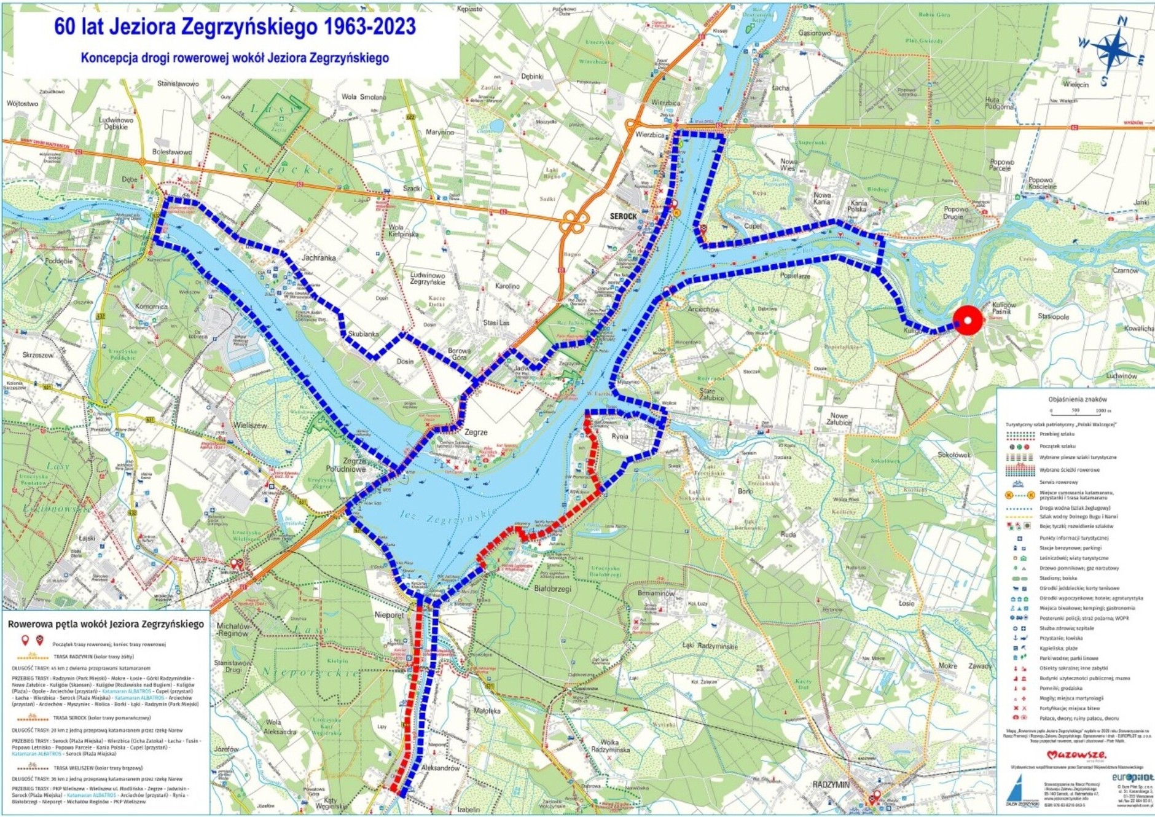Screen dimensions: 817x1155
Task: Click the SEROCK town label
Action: pyautogui.click(x=624, y=216)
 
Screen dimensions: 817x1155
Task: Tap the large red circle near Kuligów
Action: pyautogui.click(x=968, y=320)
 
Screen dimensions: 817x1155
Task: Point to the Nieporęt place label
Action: pyautogui.click(x=390, y=614)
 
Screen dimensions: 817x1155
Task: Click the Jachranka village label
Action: pyautogui.click(x=318, y=258)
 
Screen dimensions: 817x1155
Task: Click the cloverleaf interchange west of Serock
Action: pyautogui.click(x=574, y=222)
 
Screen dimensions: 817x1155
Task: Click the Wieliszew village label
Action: pyautogui.click(x=250, y=425)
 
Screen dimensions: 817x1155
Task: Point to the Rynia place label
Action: pyautogui.click(x=620, y=436)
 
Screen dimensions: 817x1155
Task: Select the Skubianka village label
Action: pyautogui.click(x=363, y=334)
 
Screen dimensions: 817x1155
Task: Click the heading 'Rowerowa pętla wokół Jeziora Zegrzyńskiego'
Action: pyautogui.click(x=106, y=623)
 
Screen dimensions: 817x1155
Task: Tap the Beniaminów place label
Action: pyautogui.click(x=656, y=593)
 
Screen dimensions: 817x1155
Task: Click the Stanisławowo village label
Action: pyautogui.click(x=178, y=83)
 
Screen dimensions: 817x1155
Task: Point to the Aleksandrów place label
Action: pyautogui.click(x=441, y=768)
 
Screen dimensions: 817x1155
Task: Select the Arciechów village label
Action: pyautogui.click(x=703, y=309)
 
